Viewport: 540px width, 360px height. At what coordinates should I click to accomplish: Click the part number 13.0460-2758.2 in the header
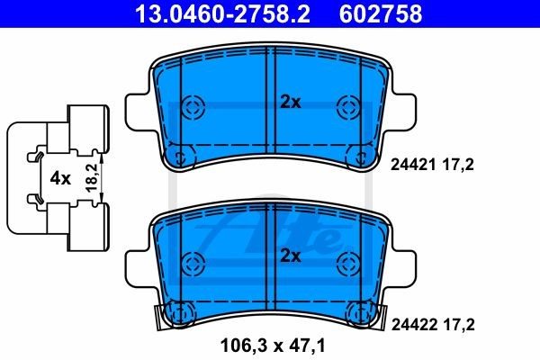coord(223,14)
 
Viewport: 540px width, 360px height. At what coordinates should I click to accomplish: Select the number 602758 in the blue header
coord(381,14)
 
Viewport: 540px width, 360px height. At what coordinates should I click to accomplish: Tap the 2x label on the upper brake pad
coord(291,103)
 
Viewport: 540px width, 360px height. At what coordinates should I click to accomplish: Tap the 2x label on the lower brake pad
coord(291,256)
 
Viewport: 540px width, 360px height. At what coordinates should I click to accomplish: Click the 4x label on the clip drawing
coord(60,178)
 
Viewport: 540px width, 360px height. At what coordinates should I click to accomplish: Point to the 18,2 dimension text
coord(92,178)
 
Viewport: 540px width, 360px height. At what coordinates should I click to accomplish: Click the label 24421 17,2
coord(432,165)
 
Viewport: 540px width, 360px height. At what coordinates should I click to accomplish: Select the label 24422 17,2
coord(433,325)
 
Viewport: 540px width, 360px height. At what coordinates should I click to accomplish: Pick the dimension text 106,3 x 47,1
coord(273,346)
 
